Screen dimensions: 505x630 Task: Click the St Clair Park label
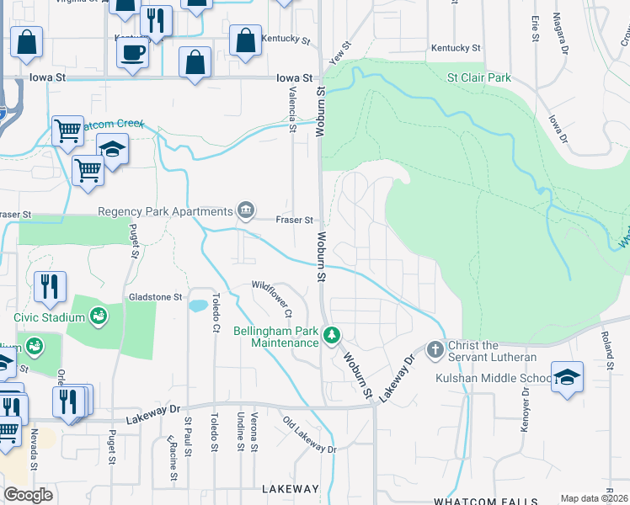pyautogui.click(x=478, y=77)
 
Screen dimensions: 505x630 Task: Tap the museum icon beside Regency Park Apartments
pyautogui.click(x=246, y=210)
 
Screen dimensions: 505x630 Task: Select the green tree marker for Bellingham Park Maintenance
pyautogui.click(x=333, y=337)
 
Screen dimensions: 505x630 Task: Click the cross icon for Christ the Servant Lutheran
pyautogui.click(x=435, y=348)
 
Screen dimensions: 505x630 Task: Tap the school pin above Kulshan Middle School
pyautogui.click(x=568, y=376)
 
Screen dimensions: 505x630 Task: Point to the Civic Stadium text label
pyautogui.click(x=50, y=317)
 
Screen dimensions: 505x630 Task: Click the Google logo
pyautogui.click(x=28, y=495)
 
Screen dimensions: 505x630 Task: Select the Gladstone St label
pyautogui.click(x=155, y=297)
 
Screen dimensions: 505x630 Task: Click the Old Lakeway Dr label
pyautogui.click(x=309, y=436)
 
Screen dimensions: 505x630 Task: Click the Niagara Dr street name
pyautogui.click(x=559, y=31)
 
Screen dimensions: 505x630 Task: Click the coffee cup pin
pyautogui.click(x=133, y=54)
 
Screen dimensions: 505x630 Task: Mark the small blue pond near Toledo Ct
pyautogui.click(x=198, y=305)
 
